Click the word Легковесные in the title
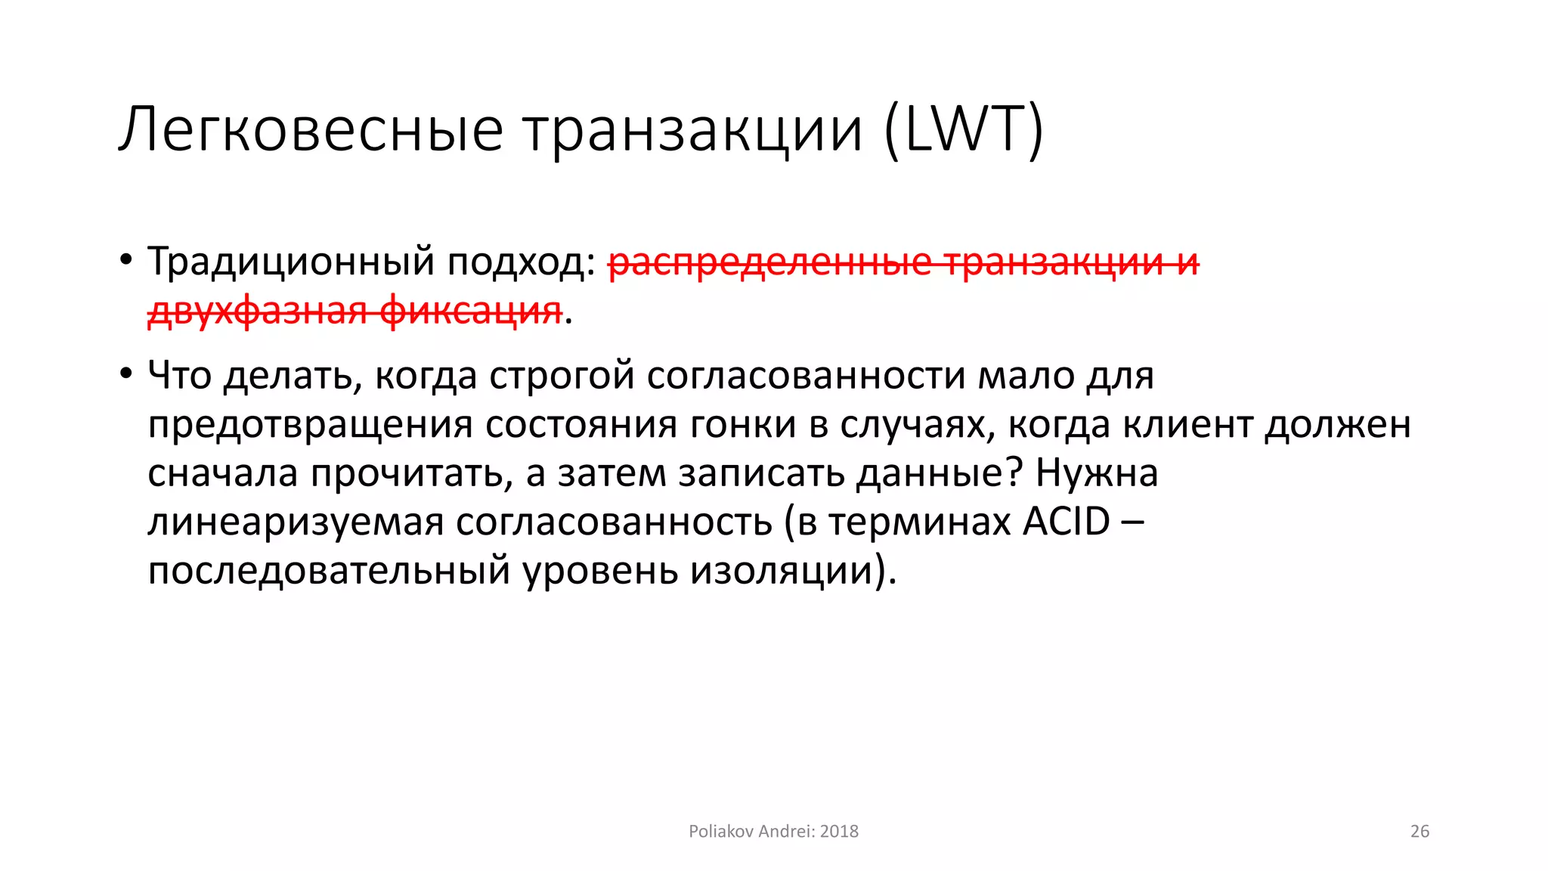(x=311, y=130)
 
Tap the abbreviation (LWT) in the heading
(x=964, y=130)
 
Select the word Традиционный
(x=291, y=262)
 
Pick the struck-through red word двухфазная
(x=256, y=311)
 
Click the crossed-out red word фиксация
(x=470, y=311)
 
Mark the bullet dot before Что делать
(x=125, y=374)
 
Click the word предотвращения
(x=310, y=424)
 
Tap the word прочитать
(x=407, y=473)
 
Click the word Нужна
(x=1097, y=473)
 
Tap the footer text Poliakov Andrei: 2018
(x=773, y=831)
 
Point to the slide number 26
(x=1420, y=831)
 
